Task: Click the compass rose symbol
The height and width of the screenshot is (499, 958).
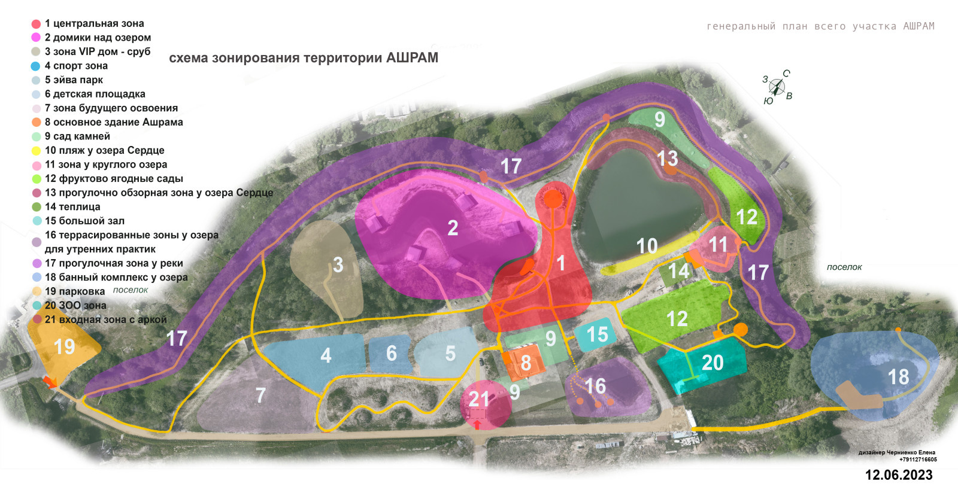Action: click(777, 87)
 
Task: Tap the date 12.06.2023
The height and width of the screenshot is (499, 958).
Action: click(899, 475)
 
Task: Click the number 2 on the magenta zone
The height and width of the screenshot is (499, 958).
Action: click(453, 228)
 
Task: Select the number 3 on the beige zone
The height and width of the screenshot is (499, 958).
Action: click(338, 264)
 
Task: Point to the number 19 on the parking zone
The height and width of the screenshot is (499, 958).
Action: click(65, 346)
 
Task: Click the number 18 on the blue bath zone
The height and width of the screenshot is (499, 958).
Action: click(898, 377)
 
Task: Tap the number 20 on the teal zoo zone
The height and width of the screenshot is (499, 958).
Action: click(713, 363)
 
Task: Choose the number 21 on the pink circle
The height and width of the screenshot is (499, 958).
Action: click(479, 399)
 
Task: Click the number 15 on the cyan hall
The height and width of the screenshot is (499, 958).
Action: click(598, 334)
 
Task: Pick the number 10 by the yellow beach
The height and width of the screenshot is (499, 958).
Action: click(647, 246)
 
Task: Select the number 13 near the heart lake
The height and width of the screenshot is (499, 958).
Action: click(667, 158)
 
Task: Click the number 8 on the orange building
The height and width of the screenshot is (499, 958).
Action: click(526, 363)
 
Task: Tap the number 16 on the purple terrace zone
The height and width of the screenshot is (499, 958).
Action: click(595, 386)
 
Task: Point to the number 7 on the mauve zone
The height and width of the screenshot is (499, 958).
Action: click(260, 395)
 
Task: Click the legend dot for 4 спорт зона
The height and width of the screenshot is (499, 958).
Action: click(35, 66)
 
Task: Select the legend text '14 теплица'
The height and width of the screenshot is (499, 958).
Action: click(72, 207)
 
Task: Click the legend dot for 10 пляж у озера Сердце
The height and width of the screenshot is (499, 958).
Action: click(36, 151)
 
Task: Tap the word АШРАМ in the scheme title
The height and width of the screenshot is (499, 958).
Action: click(412, 58)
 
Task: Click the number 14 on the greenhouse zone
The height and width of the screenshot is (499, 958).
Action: click(678, 271)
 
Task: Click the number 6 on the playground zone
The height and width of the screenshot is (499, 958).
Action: click(391, 353)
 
